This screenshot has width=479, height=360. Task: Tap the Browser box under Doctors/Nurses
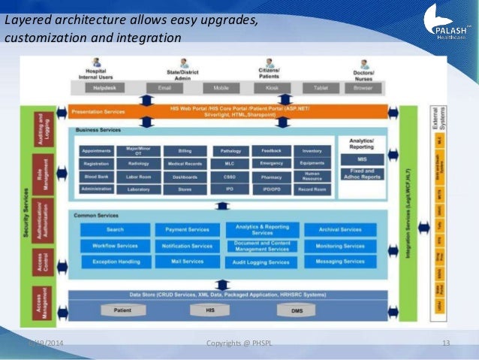(x=363, y=88)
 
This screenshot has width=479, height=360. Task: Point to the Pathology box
(x=227, y=151)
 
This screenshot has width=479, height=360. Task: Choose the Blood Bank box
(x=96, y=176)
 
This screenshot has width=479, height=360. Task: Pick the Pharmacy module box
(x=271, y=176)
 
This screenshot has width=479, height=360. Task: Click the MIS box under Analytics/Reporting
(x=362, y=159)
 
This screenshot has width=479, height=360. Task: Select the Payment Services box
(x=186, y=229)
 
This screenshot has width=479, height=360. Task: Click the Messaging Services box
(x=340, y=262)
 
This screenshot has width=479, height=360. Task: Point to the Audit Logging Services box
(x=261, y=262)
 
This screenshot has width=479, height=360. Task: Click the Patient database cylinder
(x=122, y=310)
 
